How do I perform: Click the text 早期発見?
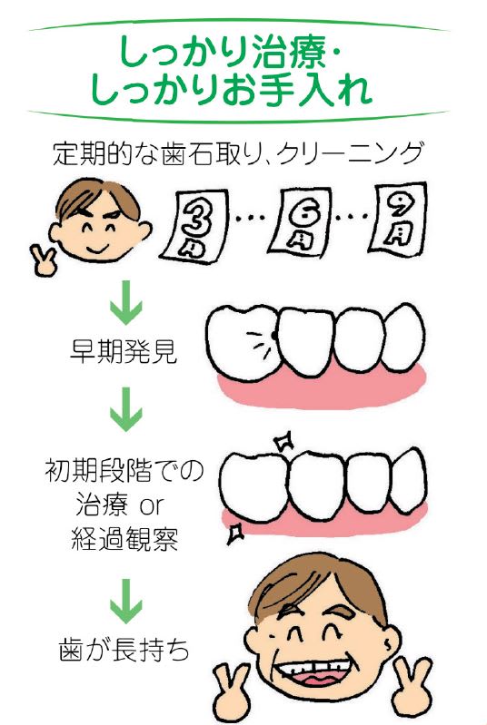(124, 352)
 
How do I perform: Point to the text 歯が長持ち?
(124, 649)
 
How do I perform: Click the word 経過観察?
(124, 538)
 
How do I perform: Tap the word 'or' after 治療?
(152, 506)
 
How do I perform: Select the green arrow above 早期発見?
(126, 302)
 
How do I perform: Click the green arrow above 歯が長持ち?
(126, 600)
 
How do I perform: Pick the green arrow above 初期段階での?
(126, 409)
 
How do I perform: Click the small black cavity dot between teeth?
(274, 334)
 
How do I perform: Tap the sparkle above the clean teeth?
(283, 442)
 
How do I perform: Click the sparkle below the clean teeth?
(236, 534)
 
